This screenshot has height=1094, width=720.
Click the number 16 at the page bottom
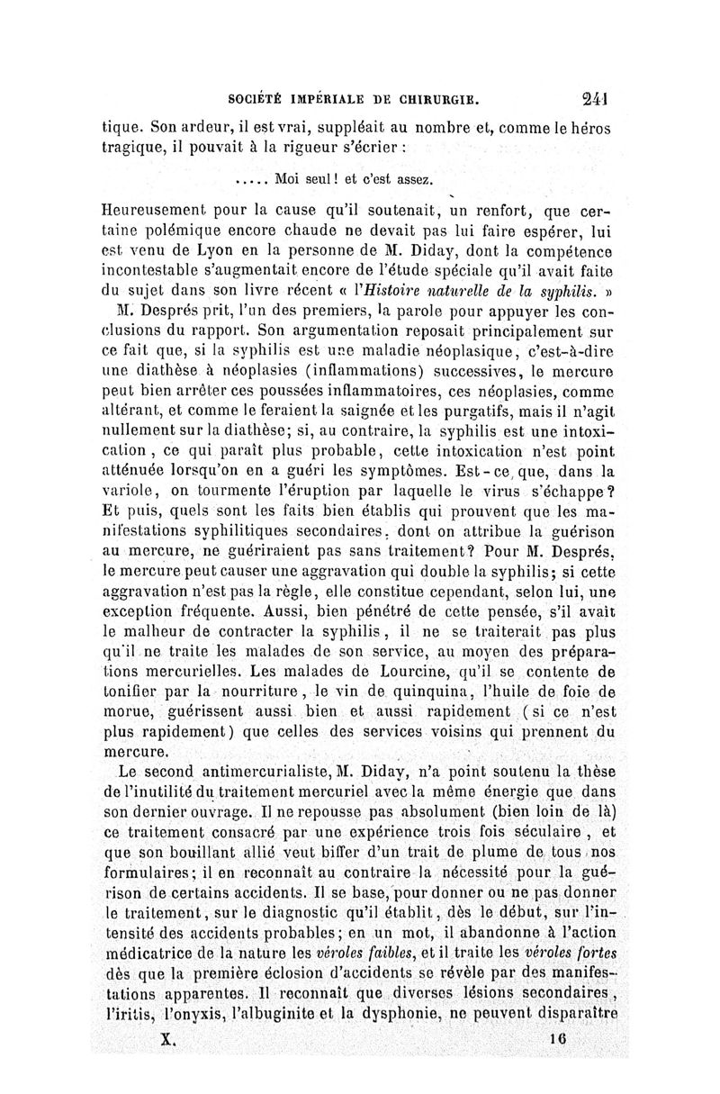point(567,1038)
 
